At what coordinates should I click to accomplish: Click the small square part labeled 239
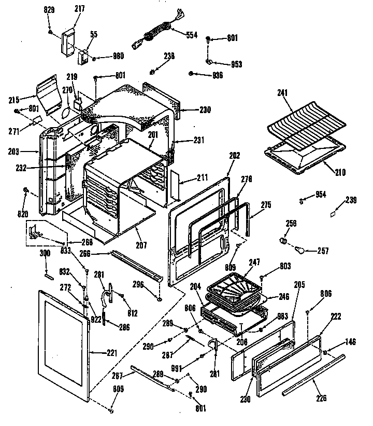click(334, 212)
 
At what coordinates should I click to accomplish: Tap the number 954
click(321, 196)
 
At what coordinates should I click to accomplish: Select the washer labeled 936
click(192, 74)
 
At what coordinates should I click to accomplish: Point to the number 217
click(79, 10)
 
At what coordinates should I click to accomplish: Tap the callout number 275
click(265, 205)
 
